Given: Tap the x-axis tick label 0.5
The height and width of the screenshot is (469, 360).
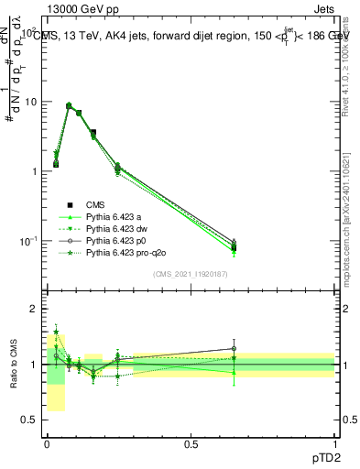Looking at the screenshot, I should click(191, 443).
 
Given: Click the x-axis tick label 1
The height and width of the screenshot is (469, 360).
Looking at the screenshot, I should click(334, 443).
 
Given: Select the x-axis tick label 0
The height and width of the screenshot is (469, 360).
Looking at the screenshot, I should click(47, 443).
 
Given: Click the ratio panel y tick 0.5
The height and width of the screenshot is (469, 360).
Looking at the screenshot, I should click(30, 420).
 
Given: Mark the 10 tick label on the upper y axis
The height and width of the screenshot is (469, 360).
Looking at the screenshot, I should click(30, 102).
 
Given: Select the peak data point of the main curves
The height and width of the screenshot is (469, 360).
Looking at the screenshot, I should click(69, 106).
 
